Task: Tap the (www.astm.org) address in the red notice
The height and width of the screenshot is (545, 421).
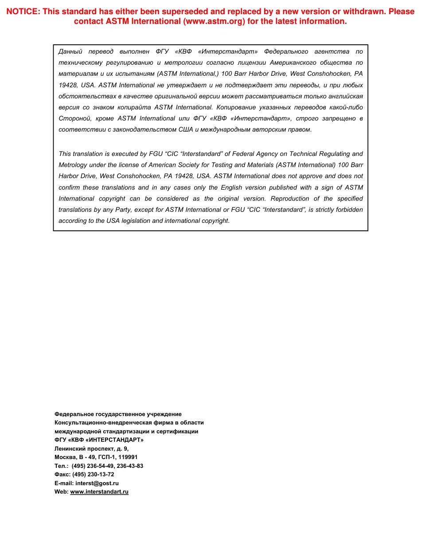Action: tap(214, 22)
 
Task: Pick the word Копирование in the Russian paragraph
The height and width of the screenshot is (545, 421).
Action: tap(234, 107)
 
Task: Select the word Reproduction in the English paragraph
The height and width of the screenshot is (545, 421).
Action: tap(288, 199)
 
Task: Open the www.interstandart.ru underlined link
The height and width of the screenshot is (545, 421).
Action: tap(99, 492)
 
